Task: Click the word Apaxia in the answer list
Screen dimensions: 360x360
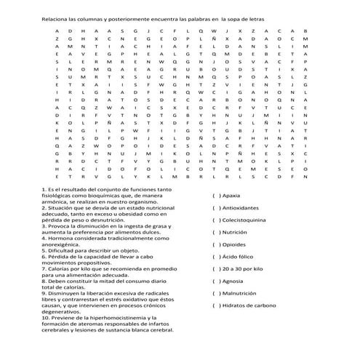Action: [x=231, y=195]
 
